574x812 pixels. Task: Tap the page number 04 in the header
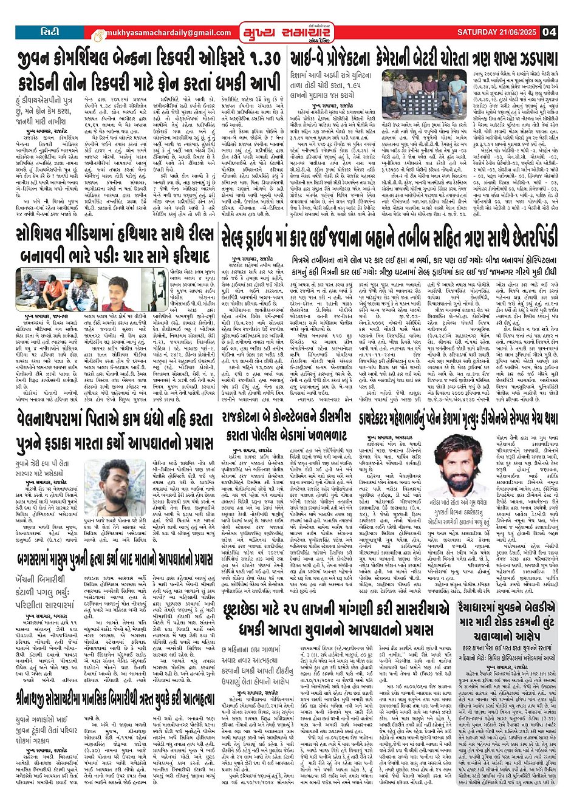pyautogui.click(x=550, y=32)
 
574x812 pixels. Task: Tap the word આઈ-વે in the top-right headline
pyautogui.click(x=311, y=59)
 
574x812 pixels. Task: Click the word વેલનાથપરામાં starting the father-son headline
pyautogui.click(x=51, y=419)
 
